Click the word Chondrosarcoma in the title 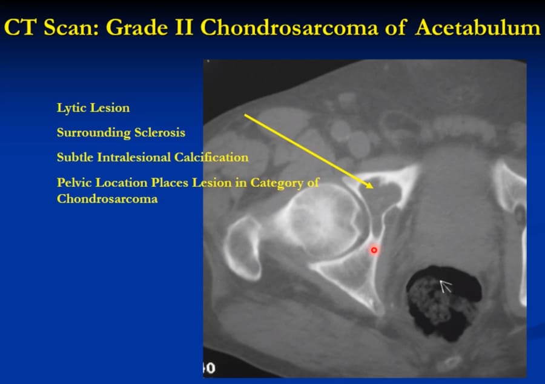pyautogui.click(x=289, y=27)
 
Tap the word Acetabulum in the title pyautogui.click(x=478, y=27)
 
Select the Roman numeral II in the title pyautogui.click(x=184, y=27)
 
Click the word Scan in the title pyautogui.click(x=71, y=27)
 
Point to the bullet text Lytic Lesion pyautogui.click(x=93, y=108)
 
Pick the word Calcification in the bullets pyautogui.click(x=211, y=157)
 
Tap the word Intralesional pyautogui.click(x=134, y=157)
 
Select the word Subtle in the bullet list pyautogui.click(x=75, y=157)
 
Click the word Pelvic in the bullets pyautogui.click(x=74, y=183)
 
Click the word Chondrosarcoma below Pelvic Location pyautogui.click(x=107, y=199)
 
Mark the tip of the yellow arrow pyautogui.click(x=373, y=188)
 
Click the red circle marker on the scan pyautogui.click(x=374, y=250)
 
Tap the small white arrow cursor pyautogui.click(x=445, y=286)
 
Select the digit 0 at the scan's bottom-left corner pyautogui.click(x=211, y=368)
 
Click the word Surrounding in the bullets pyautogui.click(x=94, y=133)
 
